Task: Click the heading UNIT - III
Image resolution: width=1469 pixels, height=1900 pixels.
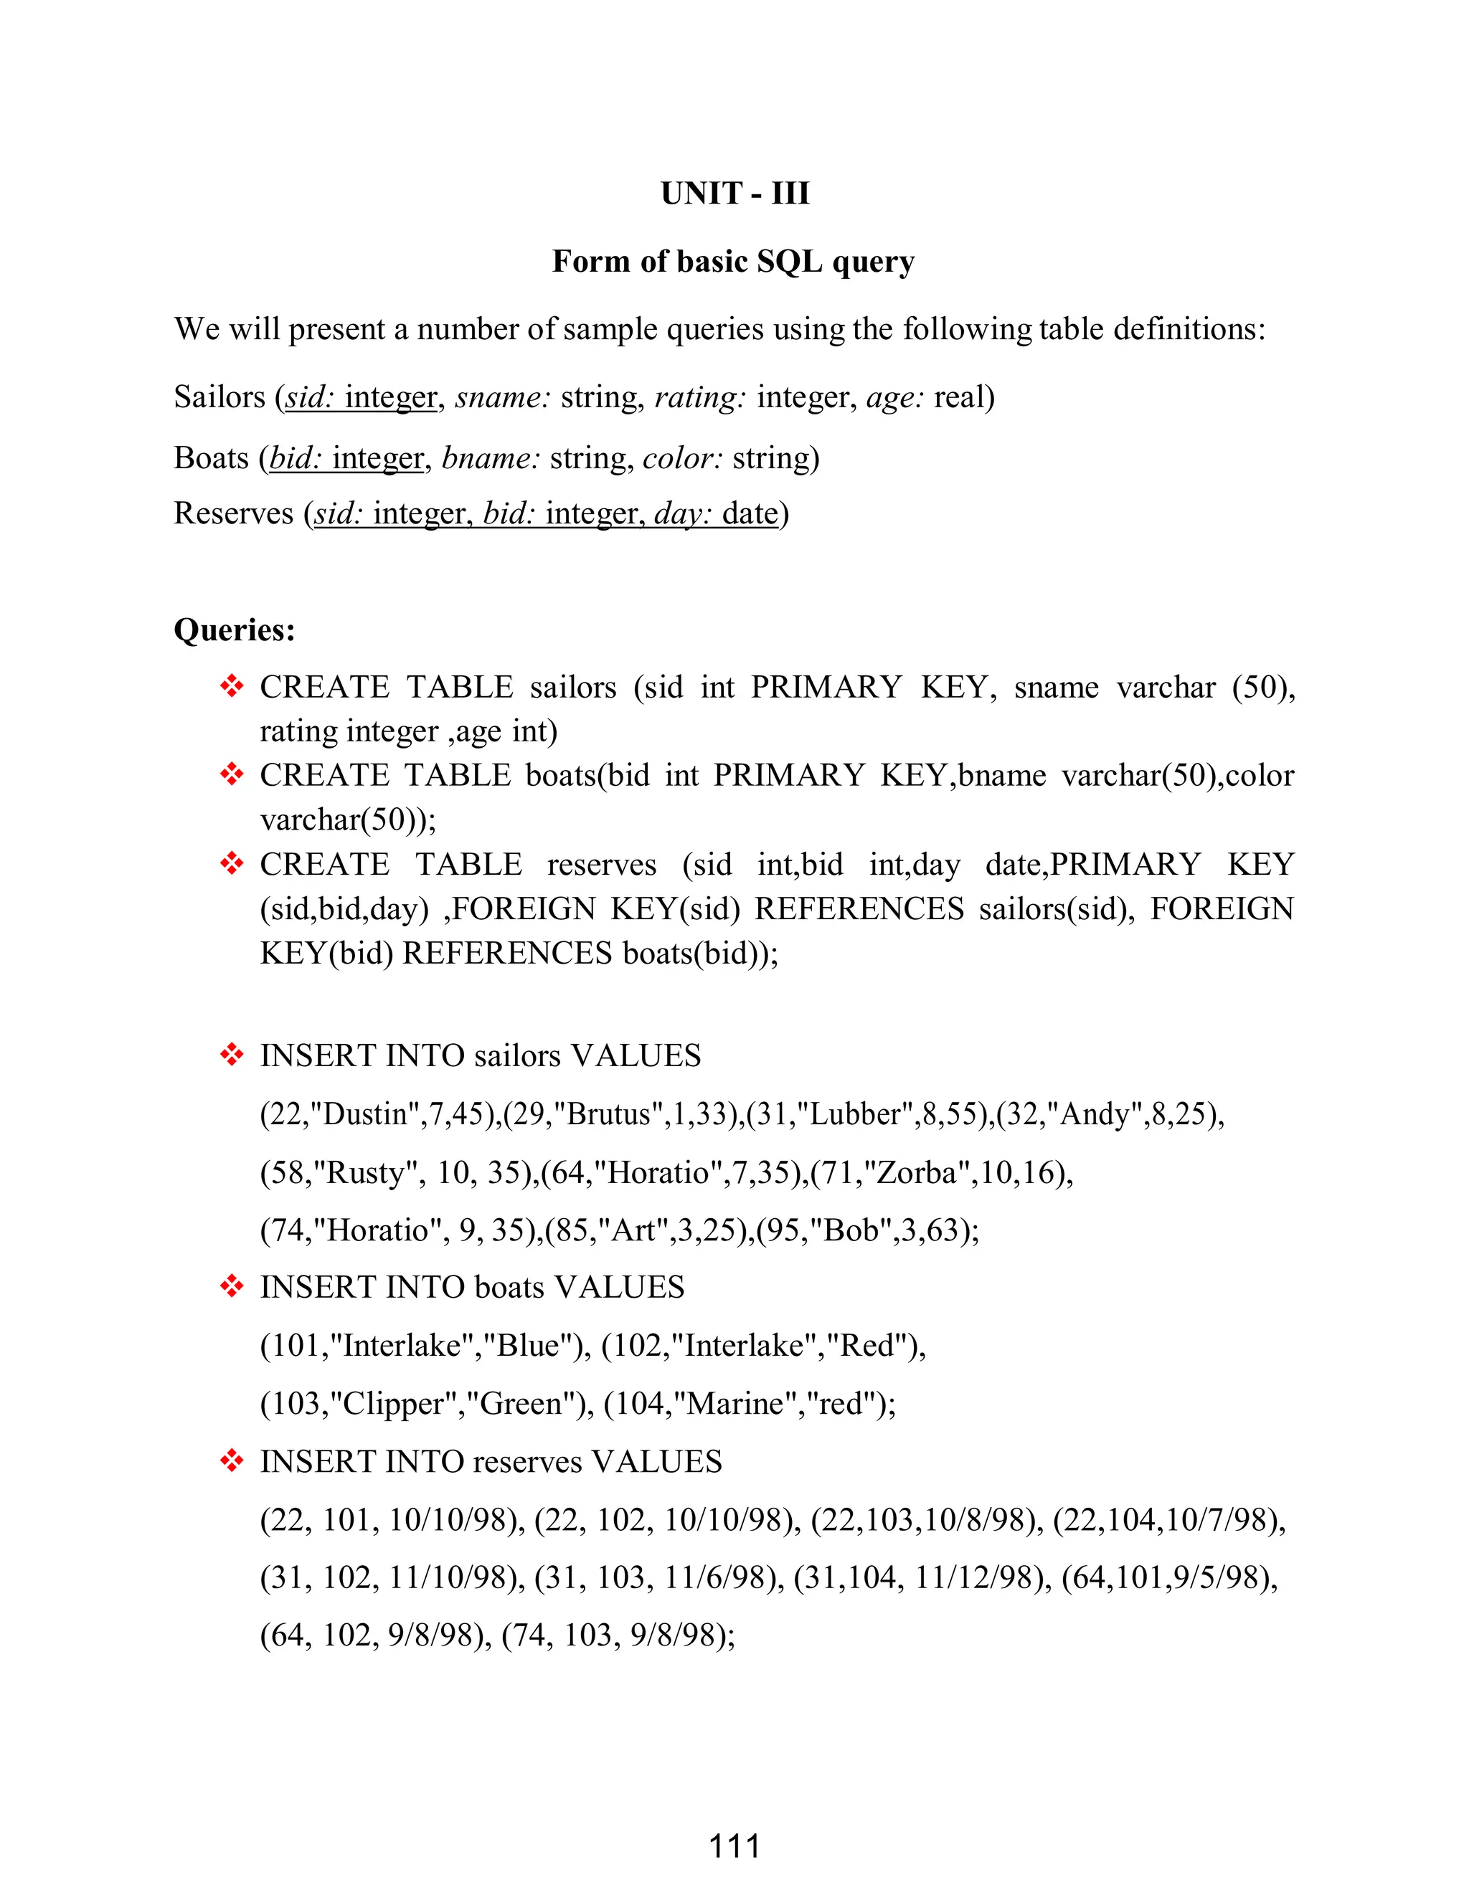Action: [734, 193]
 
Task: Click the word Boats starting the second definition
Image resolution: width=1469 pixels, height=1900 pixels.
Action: [212, 457]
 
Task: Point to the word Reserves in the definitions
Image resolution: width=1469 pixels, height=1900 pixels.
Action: [233, 513]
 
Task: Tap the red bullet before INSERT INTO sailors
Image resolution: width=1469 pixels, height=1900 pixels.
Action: [232, 1055]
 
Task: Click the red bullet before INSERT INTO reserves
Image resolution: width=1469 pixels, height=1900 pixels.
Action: [232, 1461]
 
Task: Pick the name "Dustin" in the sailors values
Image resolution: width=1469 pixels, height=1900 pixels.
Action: [364, 1114]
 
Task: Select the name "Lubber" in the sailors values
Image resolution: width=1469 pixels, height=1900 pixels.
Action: [854, 1114]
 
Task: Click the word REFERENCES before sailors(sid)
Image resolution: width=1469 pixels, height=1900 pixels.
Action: [859, 909]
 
